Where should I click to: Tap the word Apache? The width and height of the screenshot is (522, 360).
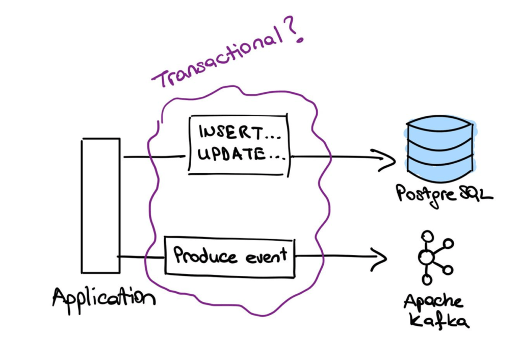click(434, 302)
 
